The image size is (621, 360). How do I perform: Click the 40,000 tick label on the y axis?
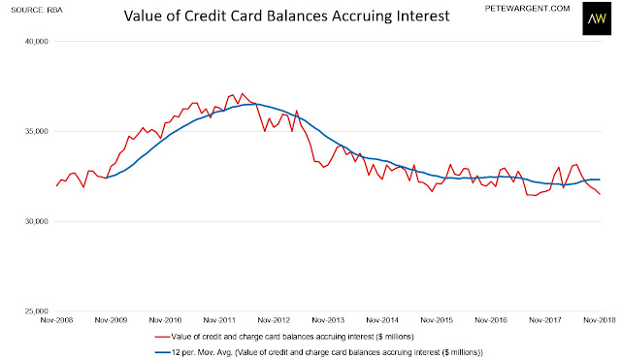pos(37,41)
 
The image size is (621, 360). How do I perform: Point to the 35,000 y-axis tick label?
pos(37,131)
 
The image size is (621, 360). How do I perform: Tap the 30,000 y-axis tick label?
pos(37,221)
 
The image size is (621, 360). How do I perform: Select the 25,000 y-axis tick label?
pos(37,311)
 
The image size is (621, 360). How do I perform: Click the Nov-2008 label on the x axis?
pos(56,320)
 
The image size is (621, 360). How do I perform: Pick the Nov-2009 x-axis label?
pos(111,320)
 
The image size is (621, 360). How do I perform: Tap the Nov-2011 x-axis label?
pos(219,320)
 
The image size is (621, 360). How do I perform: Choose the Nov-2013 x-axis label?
pos(328,320)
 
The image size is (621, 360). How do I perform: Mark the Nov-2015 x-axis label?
pos(437,320)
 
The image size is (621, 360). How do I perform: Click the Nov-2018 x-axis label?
pos(600,320)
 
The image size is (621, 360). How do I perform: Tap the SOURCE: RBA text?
pos(37,10)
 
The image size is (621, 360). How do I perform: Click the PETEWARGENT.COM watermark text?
pos(527,9)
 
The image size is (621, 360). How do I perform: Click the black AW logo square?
pos(597,18)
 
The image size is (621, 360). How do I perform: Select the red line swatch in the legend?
pos(162,337)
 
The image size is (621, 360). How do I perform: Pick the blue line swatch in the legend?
pos(162,352)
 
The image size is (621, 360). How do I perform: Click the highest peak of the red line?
pos(242,94)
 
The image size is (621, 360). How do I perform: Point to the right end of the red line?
pos(601,194)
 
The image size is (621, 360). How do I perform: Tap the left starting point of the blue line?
pos(106,178)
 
